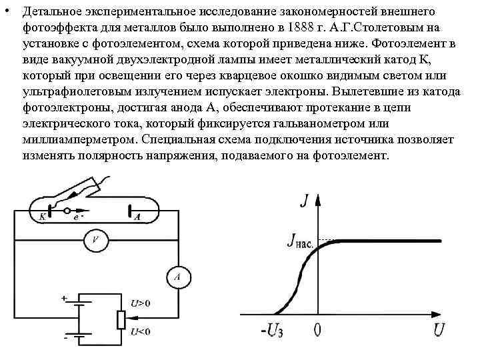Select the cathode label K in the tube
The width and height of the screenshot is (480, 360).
[42, 217]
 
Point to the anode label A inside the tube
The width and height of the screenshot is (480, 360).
[138, 217]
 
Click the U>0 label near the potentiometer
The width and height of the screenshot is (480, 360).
[141, 303]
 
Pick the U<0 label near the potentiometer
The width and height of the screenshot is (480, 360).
[141, 331]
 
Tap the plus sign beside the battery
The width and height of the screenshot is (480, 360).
[65, 299]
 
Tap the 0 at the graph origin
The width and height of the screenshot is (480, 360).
[318, 329]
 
